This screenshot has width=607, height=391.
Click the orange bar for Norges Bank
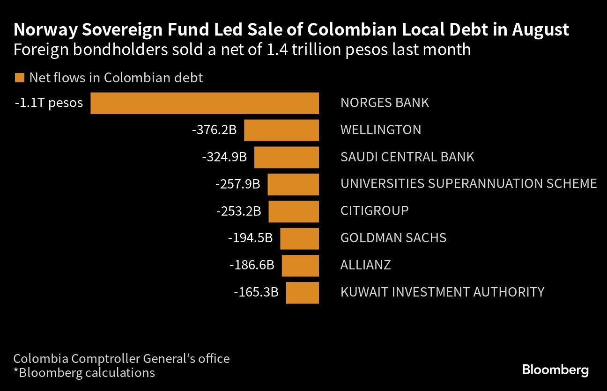tap(205, 103)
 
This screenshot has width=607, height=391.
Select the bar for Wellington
tap(281, 130)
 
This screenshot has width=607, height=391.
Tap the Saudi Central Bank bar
tap(287, 157)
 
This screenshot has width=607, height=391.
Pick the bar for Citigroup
tap(294, 211)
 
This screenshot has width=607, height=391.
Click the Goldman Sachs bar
tap(300, 238)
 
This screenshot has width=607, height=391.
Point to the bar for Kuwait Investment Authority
tap(303, 292)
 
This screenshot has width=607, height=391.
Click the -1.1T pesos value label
tap(49, 103)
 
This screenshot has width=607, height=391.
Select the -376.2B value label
tap(214, 130)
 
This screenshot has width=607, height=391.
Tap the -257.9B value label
tap(237, 184)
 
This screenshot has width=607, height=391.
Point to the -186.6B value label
tap(252, 265)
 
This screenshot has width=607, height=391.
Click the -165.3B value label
tap(256, 292)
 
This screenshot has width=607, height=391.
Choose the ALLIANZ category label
tap(365, 265)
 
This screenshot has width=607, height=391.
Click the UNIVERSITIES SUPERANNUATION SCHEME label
tap(468, 183)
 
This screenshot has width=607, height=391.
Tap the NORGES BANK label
tap(385, 103)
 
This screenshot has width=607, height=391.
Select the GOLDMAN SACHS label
tap(393, 238)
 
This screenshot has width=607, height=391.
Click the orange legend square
tap(19, 78)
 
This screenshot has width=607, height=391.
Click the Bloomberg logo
tap(555, 370)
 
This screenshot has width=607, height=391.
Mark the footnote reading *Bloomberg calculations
tap(84, 373)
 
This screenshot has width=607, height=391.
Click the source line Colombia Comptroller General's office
tap(121, 359)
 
